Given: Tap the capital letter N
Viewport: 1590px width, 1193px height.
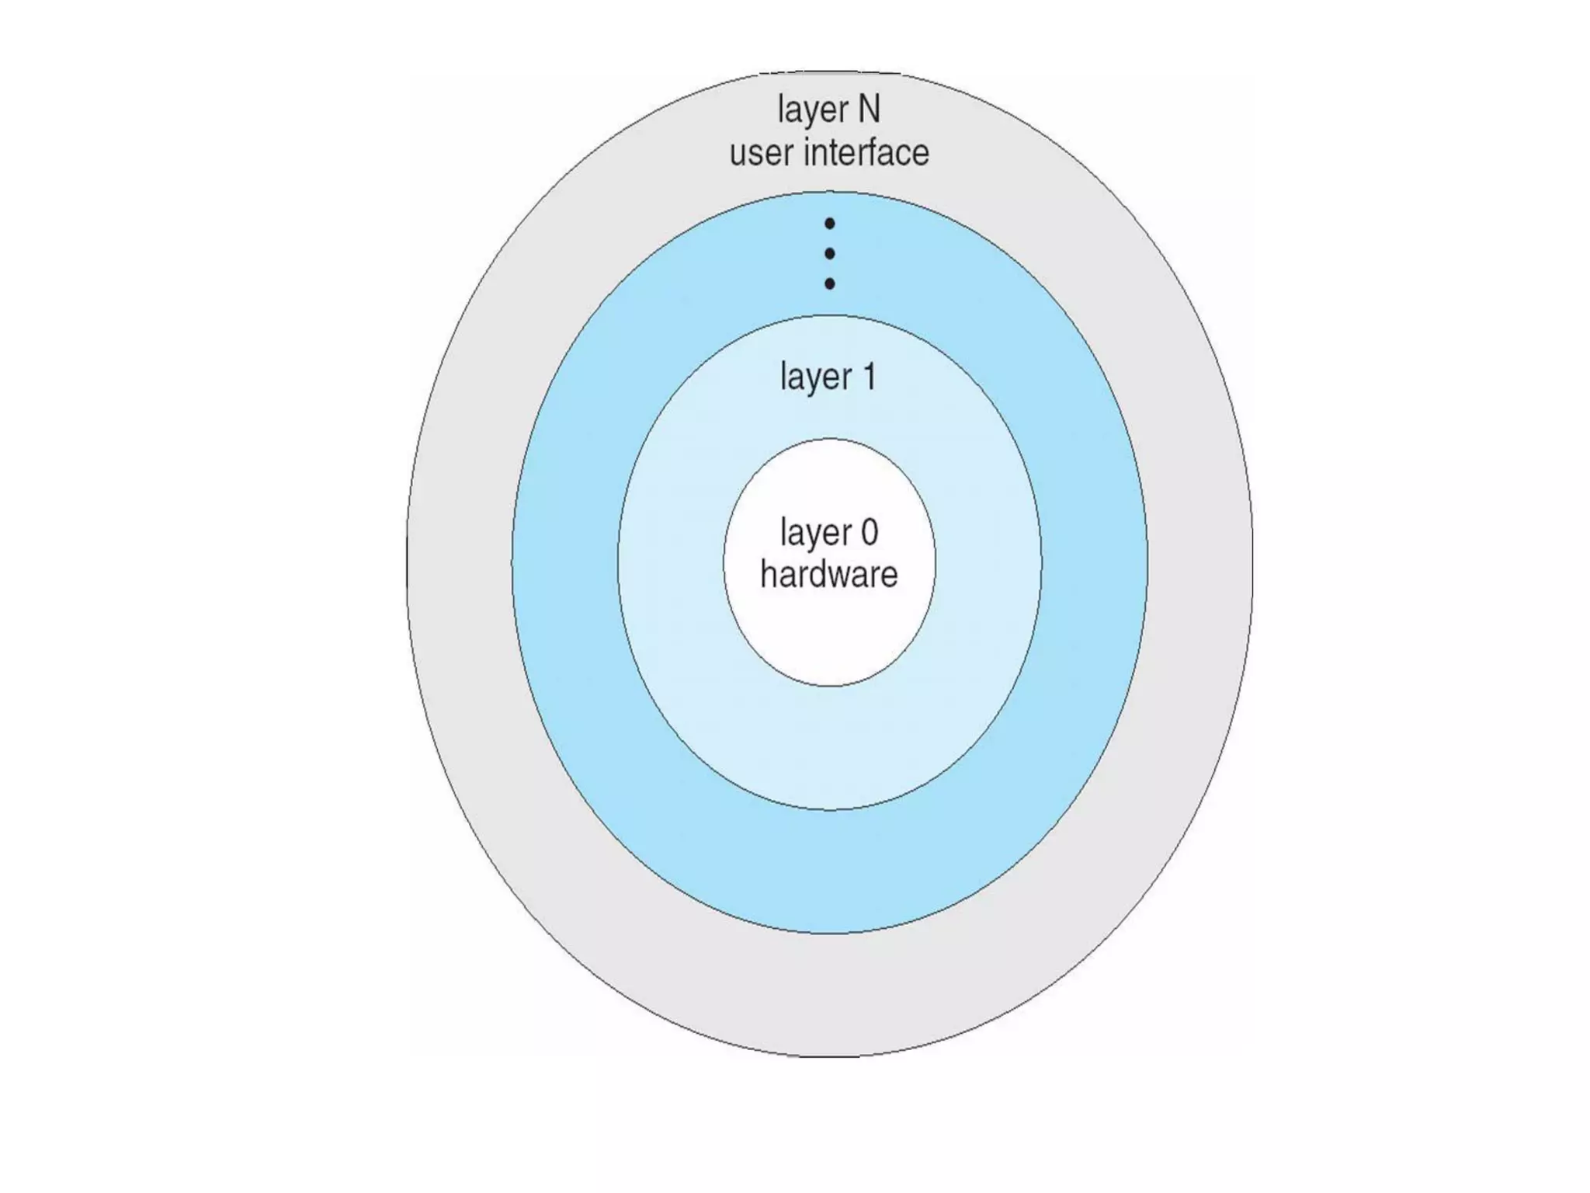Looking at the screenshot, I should pyautogui.click(x=869, y=109).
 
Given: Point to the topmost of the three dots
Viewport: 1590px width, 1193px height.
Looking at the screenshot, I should pyautogui.click(x=829, y=224).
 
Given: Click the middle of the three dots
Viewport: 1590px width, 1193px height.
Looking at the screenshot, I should pyautogui.click(x=829, y=254).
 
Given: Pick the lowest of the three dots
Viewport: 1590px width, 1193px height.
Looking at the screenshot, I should pyautogui.click(x=829, y=284).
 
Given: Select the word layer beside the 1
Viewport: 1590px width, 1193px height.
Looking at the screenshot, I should pyautogui.click(x=815, y=378).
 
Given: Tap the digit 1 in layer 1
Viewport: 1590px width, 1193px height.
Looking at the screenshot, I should pyautogui.click(x=869, y=377).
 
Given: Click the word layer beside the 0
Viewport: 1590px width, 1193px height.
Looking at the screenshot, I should pyautogui.click(x=815, y=534).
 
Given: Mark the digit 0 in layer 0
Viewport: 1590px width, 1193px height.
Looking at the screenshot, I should pyautogui.click(x=869, y=533).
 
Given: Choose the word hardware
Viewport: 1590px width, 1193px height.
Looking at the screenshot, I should pyautogui.click(x=828, y=575).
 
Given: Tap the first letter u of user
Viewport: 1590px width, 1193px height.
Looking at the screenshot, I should pyautogui.click(x=738, y=154).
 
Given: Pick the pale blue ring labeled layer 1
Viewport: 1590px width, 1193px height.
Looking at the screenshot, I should pyautogui.click(x=829, y=746).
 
